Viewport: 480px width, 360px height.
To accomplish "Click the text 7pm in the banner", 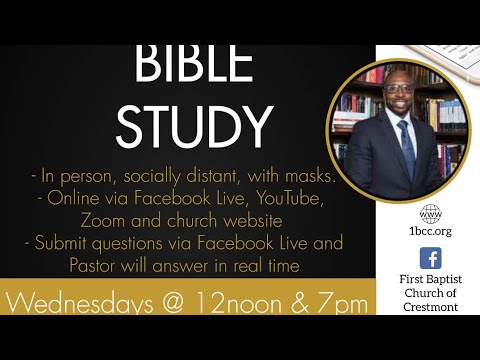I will pos(342,302).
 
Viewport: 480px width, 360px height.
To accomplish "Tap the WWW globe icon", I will pos(430,213).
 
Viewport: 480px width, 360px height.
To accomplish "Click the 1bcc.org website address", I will pos(430,232).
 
